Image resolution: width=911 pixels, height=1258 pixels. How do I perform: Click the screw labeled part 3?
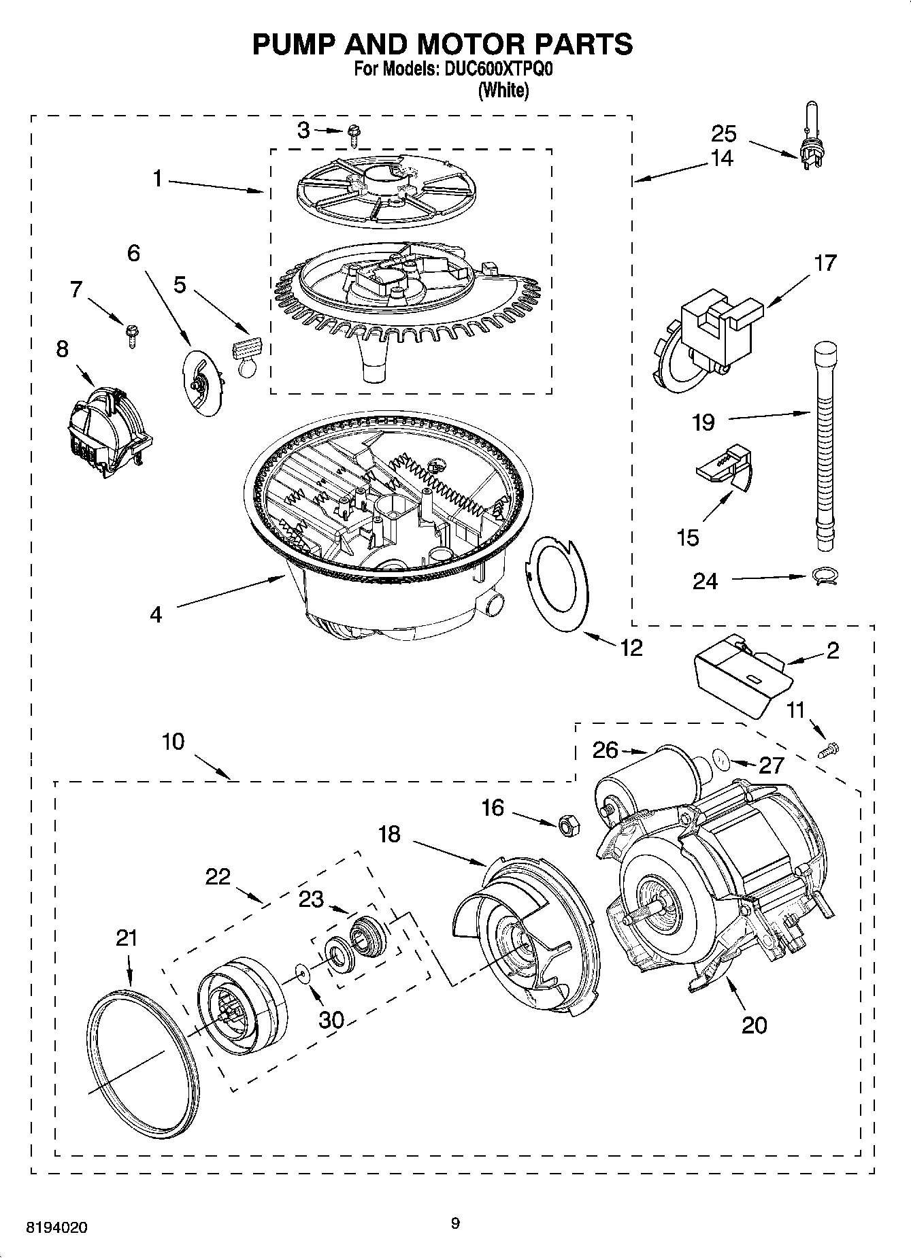point(353,135)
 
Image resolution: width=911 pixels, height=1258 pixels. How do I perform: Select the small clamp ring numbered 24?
point(825,577)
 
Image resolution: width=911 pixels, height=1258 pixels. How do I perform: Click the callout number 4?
point(156,614)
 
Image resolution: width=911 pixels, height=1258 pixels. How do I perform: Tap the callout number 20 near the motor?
point(754,1025)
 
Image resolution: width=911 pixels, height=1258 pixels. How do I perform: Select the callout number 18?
point(389,834)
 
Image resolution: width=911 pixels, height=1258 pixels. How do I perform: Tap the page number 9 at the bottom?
point(455,1223)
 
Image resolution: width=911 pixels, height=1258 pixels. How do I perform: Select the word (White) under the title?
point(503,90)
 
